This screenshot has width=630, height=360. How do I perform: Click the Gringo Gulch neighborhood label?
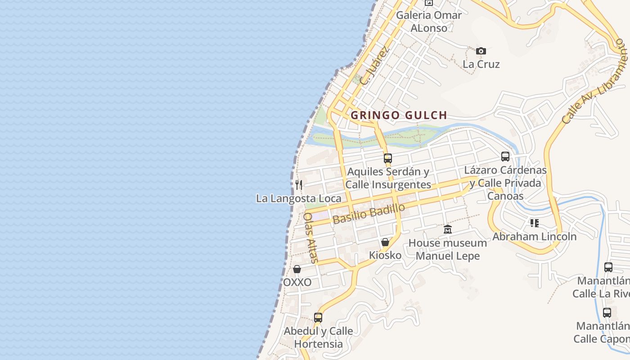(x=399, y=115)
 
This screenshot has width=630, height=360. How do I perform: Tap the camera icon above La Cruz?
(x=481, y=51)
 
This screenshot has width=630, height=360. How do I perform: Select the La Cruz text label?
(x=481, y=64)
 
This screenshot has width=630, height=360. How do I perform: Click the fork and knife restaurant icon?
(x=298, y=184)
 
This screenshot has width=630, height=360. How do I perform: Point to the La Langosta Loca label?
(x=298, y=198)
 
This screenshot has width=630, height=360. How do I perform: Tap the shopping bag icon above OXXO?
(x=297, y=269)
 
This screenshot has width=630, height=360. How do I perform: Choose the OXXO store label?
(x=297, y=283)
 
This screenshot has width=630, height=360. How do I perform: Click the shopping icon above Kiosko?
(x=385, y=242)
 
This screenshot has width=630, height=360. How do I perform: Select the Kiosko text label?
(x=385, y=255)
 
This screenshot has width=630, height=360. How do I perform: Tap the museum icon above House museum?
(x=447, y=229)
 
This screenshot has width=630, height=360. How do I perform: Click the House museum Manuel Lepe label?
(x=447, y=249)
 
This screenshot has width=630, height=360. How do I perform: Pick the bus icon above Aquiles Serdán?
(x=388, y=158)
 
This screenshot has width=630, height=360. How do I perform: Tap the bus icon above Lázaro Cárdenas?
(x=505, y=157)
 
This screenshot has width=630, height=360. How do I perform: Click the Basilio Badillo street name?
(x=369, y=214)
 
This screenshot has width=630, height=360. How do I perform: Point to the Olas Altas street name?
(x=310, y=238)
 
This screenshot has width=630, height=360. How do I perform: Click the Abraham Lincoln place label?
(x=534, y=236)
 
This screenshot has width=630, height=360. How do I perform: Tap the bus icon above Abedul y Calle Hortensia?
(x=318, y=317)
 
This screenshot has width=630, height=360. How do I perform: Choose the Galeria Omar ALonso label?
(x=429, y=21)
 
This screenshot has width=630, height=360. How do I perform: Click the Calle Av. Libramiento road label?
(x=594, y=81)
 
